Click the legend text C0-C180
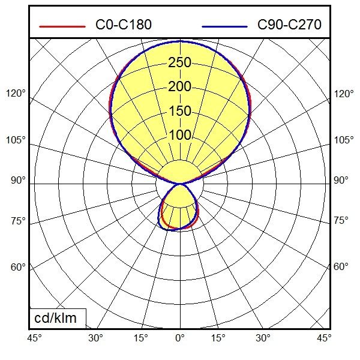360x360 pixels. [x=124, y=25]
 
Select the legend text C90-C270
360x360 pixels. [x=289, y=25]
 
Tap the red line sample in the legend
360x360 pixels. [x=62, y=26]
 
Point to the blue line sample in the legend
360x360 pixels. [x=225, y=26]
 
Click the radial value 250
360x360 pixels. [x=179, y=62]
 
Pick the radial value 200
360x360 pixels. [x=179, y=87]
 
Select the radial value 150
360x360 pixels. [x=179, y=112]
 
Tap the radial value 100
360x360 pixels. [x=179, y=136]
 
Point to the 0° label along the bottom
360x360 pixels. [x=180, y=338]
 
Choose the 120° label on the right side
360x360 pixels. [x=344, y=94]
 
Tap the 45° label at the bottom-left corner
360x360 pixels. [x=34, y=338]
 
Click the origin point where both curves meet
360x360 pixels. [x=180, y=183]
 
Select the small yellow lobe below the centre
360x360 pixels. [x=179, y=207]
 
